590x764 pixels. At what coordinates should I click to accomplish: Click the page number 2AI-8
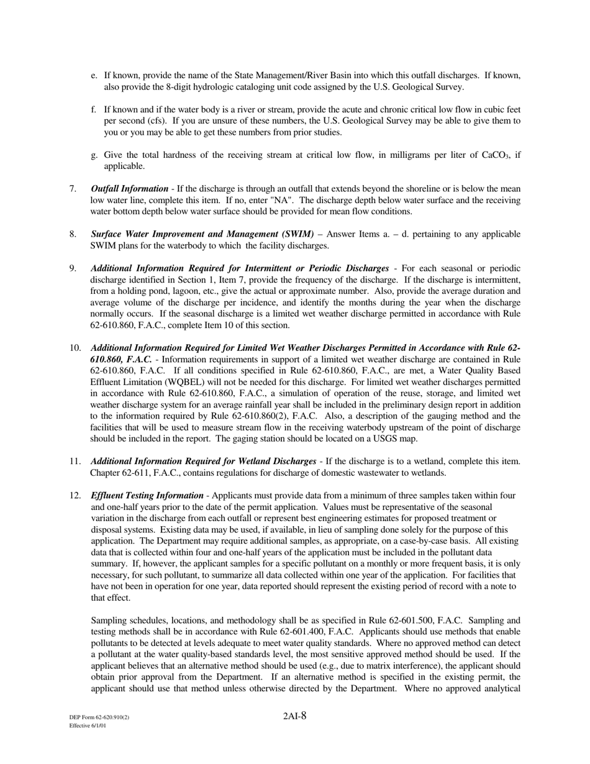[294, 716]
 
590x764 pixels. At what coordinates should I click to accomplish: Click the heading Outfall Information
[129, 189]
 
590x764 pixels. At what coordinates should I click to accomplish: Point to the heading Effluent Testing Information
[147, 496]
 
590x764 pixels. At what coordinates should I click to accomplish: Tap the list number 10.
[75, 348]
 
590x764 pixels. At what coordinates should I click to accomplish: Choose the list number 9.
[73, 268]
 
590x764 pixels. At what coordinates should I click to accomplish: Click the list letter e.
[94, 76]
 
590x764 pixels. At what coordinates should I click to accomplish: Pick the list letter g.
[94, 155]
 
